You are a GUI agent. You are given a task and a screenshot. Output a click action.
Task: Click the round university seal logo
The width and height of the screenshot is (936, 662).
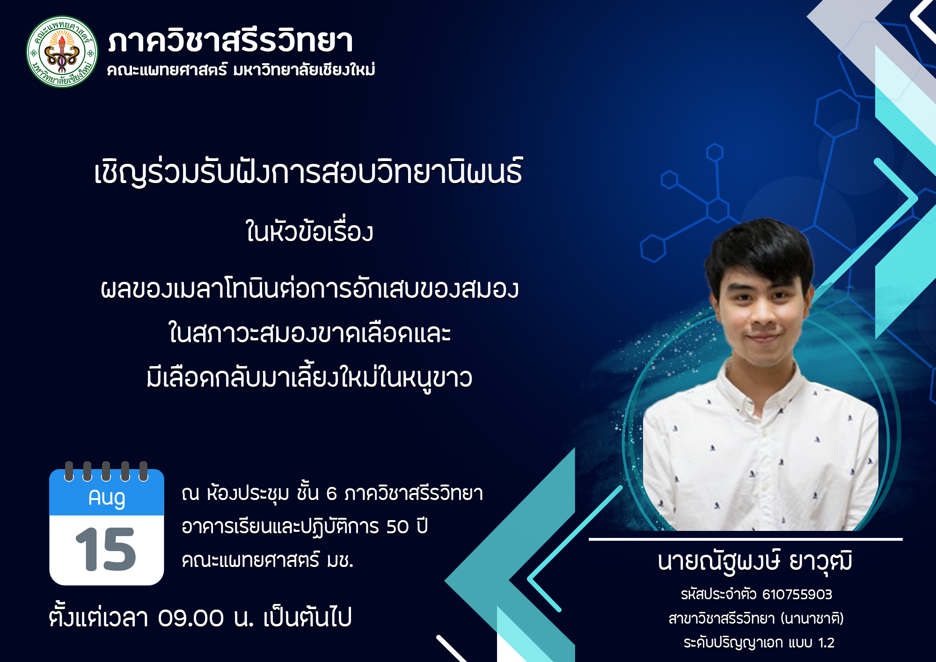point(62,51)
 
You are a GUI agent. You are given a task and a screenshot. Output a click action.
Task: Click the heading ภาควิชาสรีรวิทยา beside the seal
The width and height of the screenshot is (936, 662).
point(230,41)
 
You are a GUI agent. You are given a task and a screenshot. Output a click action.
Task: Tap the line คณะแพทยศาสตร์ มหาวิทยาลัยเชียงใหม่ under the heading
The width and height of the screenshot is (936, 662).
point(241,70)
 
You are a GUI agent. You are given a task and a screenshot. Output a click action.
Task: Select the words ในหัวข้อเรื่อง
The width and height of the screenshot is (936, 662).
point(309,232)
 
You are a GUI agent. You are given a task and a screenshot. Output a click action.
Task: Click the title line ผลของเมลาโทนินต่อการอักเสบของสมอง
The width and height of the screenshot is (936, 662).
point(309,289)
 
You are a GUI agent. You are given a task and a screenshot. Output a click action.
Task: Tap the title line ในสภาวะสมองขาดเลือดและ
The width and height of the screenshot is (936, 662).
point(309,333)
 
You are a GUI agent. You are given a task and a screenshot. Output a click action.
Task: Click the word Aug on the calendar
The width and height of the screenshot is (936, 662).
point(107,498)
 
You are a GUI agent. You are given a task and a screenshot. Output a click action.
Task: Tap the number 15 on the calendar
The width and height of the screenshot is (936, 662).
point(106,550)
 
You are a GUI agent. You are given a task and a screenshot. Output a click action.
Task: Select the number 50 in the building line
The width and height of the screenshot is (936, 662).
point(397,527)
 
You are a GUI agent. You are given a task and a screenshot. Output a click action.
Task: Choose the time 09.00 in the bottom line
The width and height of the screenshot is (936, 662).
point(191,618)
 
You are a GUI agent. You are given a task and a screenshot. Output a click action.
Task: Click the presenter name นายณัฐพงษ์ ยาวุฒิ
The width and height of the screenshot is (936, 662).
point(754,562)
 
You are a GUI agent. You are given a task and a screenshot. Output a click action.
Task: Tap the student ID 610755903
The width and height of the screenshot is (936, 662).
point(797,595)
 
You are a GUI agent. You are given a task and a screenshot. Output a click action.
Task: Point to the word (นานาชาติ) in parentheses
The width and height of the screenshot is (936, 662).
point(812,619)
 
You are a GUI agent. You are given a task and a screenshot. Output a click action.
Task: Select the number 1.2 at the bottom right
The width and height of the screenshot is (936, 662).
point(826,643)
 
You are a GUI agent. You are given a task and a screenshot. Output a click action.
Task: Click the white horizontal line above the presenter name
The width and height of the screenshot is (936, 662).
point(745,539)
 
